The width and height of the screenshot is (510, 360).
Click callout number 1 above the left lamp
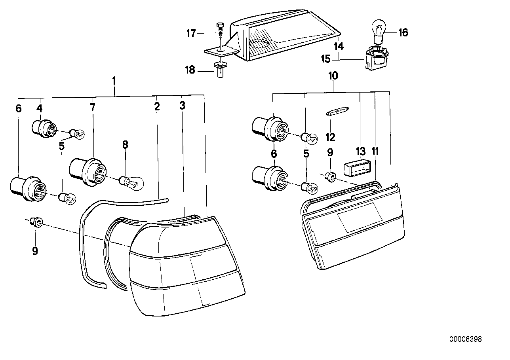114,82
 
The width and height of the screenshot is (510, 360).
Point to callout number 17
191,34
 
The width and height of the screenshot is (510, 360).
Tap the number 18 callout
190,70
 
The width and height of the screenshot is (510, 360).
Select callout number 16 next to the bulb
403,32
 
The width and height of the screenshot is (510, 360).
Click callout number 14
338,46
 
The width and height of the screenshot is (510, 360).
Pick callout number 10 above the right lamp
333,76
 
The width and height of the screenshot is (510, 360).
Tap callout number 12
330,137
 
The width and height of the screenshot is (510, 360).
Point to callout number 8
125,145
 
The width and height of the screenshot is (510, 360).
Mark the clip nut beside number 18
219,70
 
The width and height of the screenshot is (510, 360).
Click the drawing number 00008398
466,339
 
